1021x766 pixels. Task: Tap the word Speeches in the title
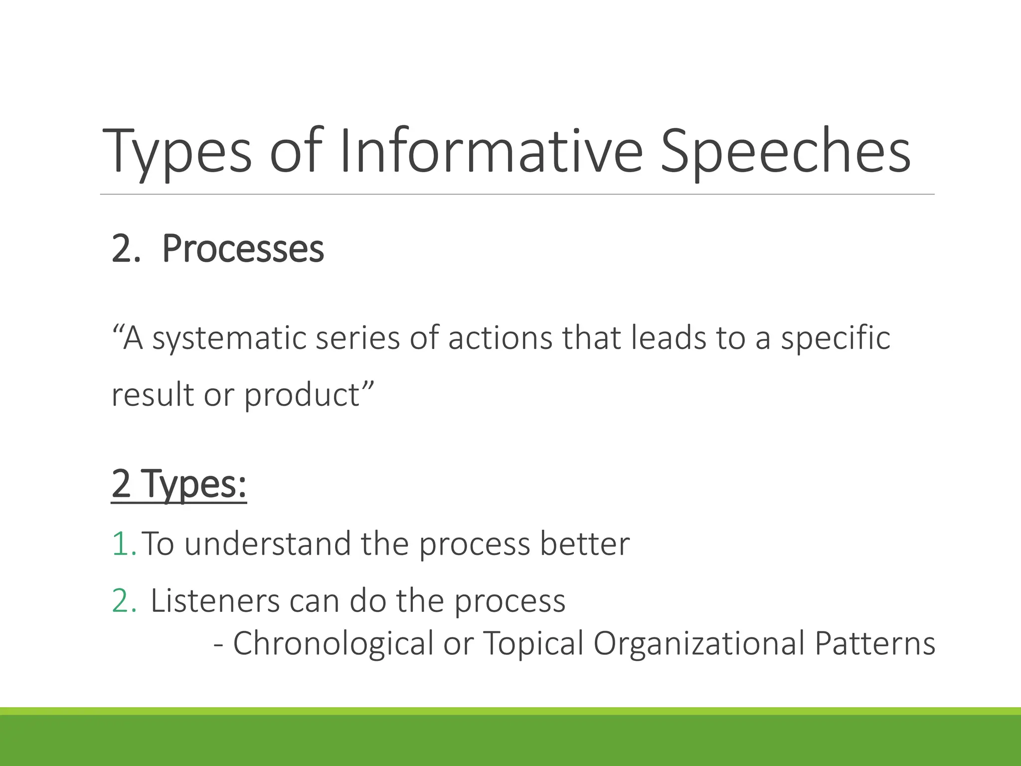(785, 151)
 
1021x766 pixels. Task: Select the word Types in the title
(177, 151)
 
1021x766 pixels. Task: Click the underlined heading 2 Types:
(179, 484)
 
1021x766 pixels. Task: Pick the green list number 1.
(123, 544)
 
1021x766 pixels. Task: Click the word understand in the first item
(267, 544)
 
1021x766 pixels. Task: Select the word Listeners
(215, 601)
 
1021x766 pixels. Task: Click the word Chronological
(333, 643)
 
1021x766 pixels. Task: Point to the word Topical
(533, 643)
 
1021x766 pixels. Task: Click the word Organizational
(698, 643)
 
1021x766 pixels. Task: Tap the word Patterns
(875, 643)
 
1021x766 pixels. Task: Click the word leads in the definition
(669, 338)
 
